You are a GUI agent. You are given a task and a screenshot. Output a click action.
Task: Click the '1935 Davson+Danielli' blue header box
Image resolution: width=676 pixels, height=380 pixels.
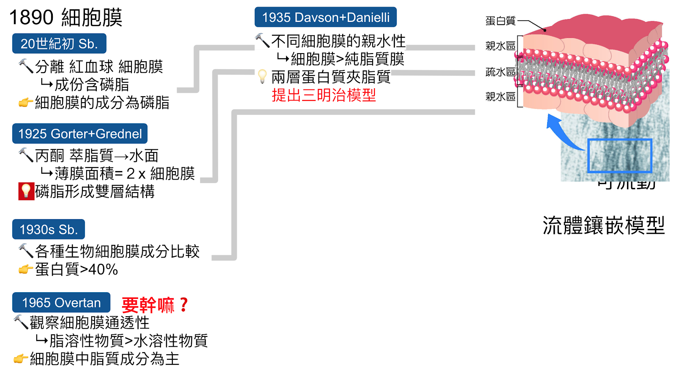coord(325,17)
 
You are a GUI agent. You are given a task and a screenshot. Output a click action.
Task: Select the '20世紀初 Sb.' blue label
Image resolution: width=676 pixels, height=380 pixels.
coord(59,43)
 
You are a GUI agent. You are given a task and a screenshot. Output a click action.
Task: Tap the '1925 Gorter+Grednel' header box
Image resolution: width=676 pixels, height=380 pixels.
coord(80,134)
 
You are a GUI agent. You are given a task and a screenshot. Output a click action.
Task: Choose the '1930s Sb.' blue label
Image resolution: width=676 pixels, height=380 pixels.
coord(49,229)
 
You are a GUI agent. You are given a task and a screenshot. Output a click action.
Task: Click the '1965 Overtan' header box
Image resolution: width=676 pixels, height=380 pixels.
coord(61,303)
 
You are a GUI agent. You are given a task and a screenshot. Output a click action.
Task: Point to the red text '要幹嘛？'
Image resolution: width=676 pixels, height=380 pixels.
coord(155,305)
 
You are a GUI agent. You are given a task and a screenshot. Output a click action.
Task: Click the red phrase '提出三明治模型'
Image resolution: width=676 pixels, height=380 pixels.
coord(324,95)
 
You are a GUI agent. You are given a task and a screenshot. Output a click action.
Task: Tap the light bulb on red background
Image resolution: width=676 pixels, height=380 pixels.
coord(26,191)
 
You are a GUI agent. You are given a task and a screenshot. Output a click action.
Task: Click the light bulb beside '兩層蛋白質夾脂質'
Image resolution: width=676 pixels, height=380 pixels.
coord(262,76)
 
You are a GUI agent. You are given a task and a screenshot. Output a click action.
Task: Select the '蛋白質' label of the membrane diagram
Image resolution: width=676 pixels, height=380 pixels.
coord(500,21)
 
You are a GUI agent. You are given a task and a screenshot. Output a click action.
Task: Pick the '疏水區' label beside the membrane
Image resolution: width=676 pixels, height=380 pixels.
coord(500,72)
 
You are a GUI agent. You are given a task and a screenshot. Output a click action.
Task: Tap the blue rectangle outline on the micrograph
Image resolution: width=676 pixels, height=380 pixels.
coord(619,155)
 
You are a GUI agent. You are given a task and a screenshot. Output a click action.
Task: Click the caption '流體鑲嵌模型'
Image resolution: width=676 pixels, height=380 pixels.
coord(603,225)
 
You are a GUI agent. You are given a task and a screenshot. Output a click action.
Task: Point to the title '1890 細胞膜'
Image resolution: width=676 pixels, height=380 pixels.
coord(65,18)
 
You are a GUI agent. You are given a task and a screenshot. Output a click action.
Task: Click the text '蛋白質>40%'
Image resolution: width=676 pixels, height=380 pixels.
coord(76,269)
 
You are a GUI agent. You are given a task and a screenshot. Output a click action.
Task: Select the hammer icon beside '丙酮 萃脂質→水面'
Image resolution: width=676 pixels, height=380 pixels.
coord(26,155)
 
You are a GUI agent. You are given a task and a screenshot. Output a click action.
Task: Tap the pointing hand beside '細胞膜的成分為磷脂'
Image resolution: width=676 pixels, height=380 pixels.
coord(25,102)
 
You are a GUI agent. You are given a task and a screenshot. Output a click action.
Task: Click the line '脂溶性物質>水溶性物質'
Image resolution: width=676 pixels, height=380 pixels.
coord(128,341)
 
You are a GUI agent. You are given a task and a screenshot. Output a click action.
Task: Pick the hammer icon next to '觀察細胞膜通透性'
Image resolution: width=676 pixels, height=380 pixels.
coord(21,322)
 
